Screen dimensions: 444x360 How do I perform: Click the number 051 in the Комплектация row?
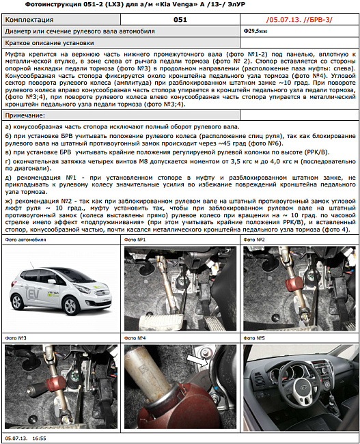tap(180, 20)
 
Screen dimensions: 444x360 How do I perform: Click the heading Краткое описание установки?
tap(41, 42)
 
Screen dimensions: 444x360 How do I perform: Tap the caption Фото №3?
tap(16, 338)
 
